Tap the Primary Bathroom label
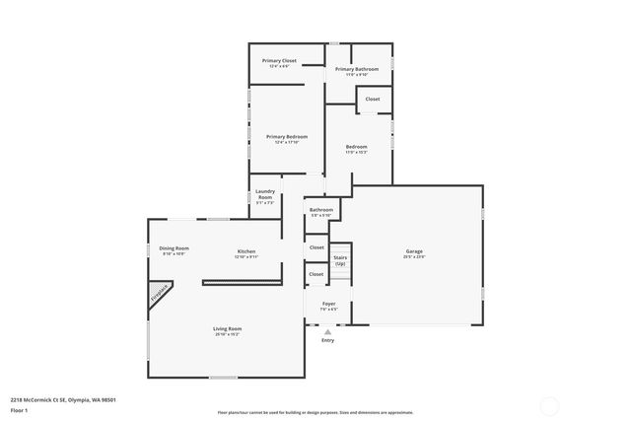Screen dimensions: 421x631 pos(356,69)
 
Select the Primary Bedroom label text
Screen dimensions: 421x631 pos(287,137)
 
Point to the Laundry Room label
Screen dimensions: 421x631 pos(264,194)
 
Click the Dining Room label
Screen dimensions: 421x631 pos(175,248)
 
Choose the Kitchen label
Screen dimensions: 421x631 pos(245,251)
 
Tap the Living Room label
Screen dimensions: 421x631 pos(227,328)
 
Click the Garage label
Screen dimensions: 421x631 pos(413,251)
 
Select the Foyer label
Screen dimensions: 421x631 pos(328,304)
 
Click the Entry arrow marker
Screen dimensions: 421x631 pos(327,332)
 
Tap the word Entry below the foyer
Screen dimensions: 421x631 pos(327,341)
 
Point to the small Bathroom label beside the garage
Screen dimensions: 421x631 pos(321,209)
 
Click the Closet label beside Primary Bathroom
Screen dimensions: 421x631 pos(373,99)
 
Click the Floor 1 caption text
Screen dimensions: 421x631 pos(19,409)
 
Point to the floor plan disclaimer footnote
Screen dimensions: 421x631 pos(315,413)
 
